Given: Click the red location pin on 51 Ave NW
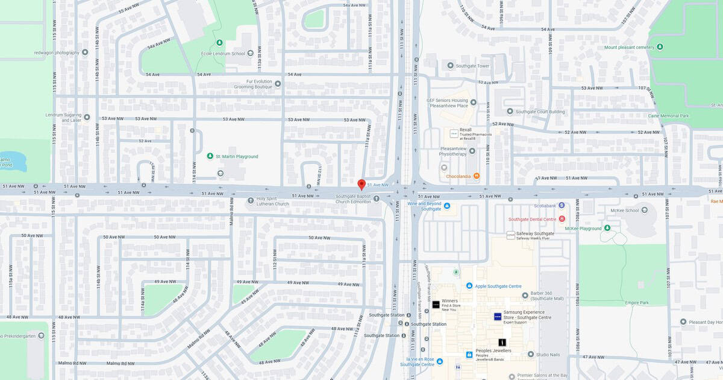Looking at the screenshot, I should pyautogui.click(x=361, y=184).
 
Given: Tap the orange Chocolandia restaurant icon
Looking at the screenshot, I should pyautogui.click(x=477, y=176).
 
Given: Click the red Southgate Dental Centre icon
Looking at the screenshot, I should pyautogui.click(x=562, y=219).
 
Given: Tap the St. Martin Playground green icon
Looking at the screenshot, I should pyautogui.click(x=210, y=156).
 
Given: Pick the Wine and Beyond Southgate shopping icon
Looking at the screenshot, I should pyautogui.click(x=447, y=206).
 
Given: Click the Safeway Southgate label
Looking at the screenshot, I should pyautogui.click(x=535, y=233).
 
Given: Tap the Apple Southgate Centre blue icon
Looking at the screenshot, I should pyautogui.click(x=469, y=285).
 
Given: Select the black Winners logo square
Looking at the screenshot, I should pyautogui.click(x=436, y=305).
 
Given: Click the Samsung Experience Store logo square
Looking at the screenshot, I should pyautogui.click(x=498, y=316).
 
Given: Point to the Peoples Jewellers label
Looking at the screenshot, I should pyautogui.click(x=493, y=350).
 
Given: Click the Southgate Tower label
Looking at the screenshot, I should pyautogui.click(x=472, y=65).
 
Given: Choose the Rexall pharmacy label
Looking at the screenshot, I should pyautogui.click(x=466, y=130).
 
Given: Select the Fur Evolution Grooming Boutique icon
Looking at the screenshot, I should pyautogui.click(x=278, y=84).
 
